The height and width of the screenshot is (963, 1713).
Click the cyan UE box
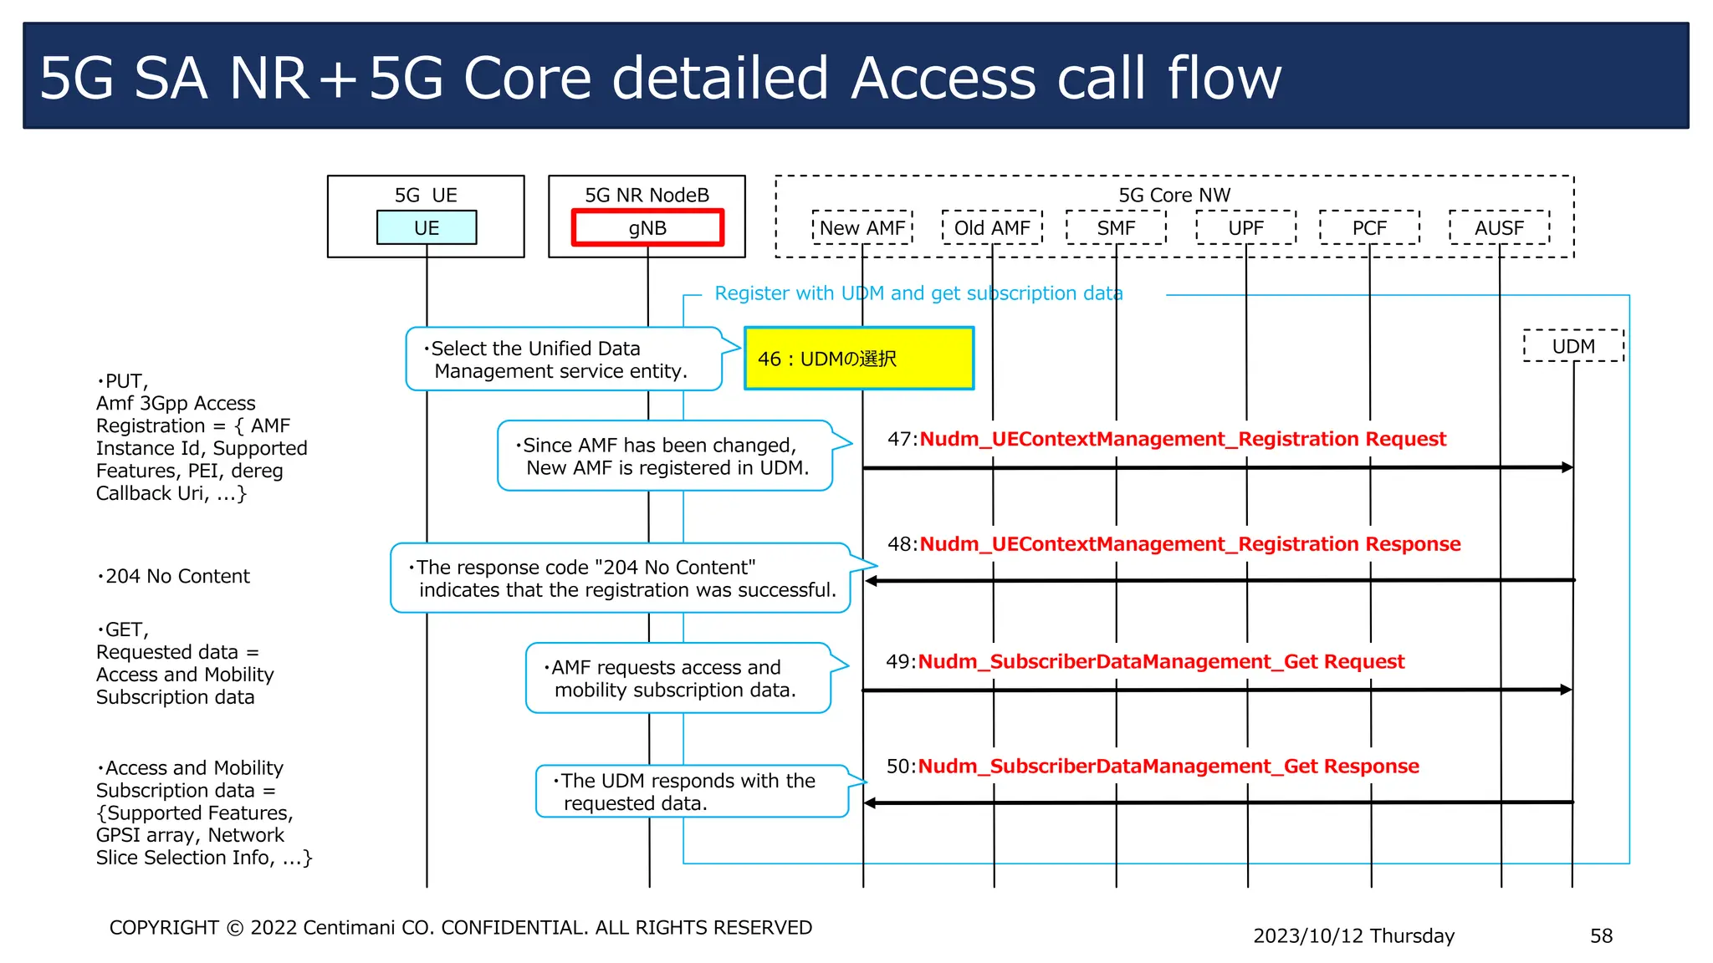427,227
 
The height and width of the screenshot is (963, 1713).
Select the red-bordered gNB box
647,227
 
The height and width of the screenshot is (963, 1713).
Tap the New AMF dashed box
862,227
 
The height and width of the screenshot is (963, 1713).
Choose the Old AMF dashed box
992,227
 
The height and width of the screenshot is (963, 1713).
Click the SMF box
1116,227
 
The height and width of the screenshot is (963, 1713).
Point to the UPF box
1245,227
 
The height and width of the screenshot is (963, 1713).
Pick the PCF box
1369,227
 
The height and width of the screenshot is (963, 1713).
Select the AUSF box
1499,227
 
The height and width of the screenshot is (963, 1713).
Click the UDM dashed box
1573,346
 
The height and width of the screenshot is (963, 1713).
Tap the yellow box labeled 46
859,359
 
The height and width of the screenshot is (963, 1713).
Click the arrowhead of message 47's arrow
1567,467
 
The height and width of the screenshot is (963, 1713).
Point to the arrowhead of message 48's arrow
872,581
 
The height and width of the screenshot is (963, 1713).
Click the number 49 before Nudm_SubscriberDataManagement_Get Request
899,661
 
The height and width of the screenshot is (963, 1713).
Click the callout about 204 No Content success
621,578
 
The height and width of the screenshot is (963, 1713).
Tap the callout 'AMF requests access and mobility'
678,678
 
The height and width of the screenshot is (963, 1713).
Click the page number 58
1601,935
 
